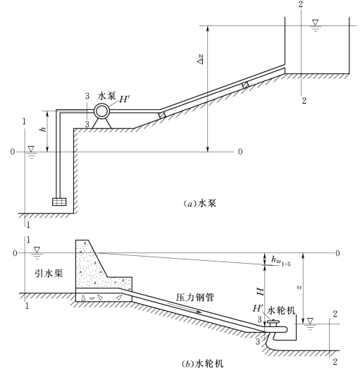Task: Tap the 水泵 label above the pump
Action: (x=107, y=96)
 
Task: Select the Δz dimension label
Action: (x=200, y=59)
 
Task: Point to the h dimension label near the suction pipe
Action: (x=43, y=129)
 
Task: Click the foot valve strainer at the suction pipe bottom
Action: (x=59, y=202)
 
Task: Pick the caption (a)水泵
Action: (x=199, y=203)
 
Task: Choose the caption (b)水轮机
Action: (x=203, y=364)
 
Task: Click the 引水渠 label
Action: (x=49, y=274)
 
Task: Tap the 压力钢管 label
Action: (x=195, y=298)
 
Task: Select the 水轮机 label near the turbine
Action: (x=281, y=310)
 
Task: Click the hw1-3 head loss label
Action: (x=281, y=261)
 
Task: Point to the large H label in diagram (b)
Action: (x=260, y=291)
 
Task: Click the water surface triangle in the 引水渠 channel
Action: (x=37, y=250)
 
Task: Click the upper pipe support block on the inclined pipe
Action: (x=246, y=85)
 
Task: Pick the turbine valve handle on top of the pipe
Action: (x=273, y=321)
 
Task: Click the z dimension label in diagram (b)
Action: (x=299, y=287)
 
